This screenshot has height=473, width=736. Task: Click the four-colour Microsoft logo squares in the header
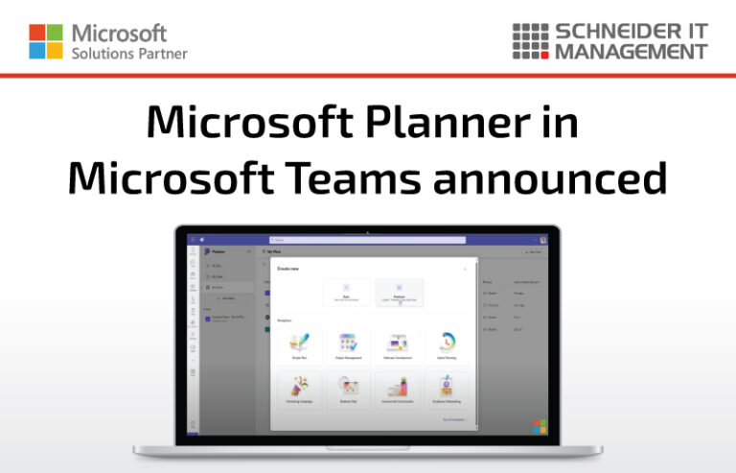(x=45, y=41)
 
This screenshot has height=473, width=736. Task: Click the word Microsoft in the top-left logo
(x=119, y=34)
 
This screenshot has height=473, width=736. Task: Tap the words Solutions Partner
(x=129, y=53)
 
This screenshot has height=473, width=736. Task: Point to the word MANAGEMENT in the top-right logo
(x=631, y=51)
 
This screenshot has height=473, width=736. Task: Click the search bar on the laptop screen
(x=367, y=240)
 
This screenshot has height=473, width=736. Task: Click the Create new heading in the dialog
(x=288, y=269)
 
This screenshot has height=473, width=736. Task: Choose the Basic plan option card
(x=346, y=293)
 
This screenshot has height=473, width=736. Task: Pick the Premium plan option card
(x=399, y=293)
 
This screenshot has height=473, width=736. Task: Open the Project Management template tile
(x=347, y=346)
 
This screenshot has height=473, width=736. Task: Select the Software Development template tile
(x=398, y=346)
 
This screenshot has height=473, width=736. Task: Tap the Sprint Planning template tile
(x=448, y=346)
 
